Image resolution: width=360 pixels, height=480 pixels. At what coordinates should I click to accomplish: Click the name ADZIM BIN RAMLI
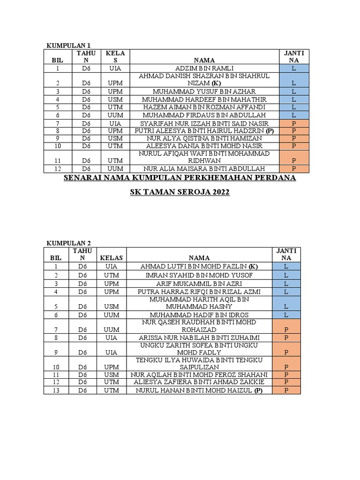[x=204, y=68]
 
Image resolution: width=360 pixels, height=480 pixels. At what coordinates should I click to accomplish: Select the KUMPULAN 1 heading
[x=67, y=45]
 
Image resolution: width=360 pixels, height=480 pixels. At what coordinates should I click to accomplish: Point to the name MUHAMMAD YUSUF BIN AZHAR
[x=204, y=91]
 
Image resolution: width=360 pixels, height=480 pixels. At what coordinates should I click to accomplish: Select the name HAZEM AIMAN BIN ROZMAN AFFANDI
[x=204, y=107]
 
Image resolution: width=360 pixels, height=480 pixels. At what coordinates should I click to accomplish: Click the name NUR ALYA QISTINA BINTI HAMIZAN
[x=204, y=138]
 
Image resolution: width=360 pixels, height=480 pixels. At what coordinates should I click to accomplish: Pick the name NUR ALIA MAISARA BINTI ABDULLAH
[x=204, y=169]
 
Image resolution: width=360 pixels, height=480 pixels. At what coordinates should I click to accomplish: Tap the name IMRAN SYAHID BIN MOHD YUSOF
[x=199, y=275]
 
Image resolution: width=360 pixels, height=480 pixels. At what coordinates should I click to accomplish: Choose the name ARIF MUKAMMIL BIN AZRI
[x=199, y=284]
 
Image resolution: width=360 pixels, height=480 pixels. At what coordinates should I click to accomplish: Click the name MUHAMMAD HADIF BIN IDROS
[x=199, y=315]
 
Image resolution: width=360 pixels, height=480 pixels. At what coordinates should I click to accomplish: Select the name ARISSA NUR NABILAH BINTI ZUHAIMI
[x=199, y=337]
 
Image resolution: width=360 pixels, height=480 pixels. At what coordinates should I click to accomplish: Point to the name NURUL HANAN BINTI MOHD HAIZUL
[x=199, y=390]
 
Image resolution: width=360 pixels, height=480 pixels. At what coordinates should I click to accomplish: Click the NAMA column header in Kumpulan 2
[x=199, y=257]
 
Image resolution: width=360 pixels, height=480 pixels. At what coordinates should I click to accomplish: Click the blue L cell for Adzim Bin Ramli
[x=293, y=68]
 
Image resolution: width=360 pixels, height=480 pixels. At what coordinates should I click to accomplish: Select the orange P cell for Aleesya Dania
[x=293, y=146]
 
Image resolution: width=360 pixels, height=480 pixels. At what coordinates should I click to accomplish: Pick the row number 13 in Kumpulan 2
[x=56, y=390]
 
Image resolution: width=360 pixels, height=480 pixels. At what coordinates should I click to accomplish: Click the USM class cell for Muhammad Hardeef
[x=115, y=99]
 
